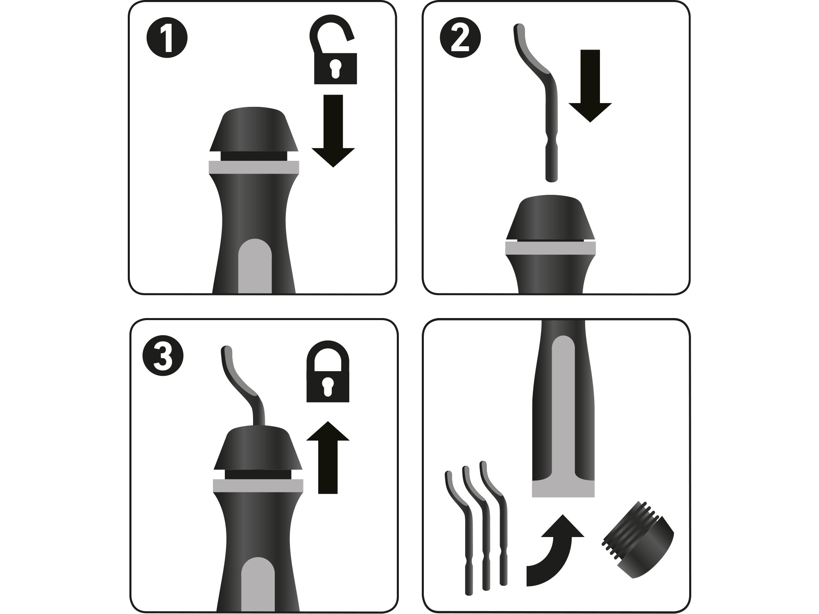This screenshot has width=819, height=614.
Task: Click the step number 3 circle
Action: [163, 355]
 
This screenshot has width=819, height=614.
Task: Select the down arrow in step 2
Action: [590, 86]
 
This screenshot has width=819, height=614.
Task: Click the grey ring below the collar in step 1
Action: [254, 167]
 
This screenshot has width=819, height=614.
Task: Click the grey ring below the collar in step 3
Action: [258, 485]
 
